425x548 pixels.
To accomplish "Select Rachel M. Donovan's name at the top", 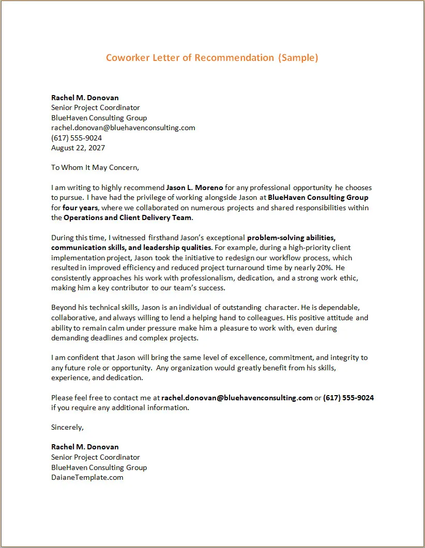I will pos(85,98).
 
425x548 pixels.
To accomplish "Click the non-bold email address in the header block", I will pos(123,128).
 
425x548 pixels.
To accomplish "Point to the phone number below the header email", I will pos(77,138).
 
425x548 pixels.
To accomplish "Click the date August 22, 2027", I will pos(78,148).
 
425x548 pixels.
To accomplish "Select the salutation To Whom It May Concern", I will pos(95,167).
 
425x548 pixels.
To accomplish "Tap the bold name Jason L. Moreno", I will pos(194,187).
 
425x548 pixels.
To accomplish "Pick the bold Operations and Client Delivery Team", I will pos(128,217).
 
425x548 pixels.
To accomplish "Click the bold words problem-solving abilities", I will pos(291,238).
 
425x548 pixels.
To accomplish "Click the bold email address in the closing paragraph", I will pos(237,398).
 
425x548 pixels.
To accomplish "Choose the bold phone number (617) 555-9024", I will pos(348,398).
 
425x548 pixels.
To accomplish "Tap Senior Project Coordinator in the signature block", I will pos(96,457).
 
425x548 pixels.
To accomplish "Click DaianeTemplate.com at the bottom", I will pos(87,477).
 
